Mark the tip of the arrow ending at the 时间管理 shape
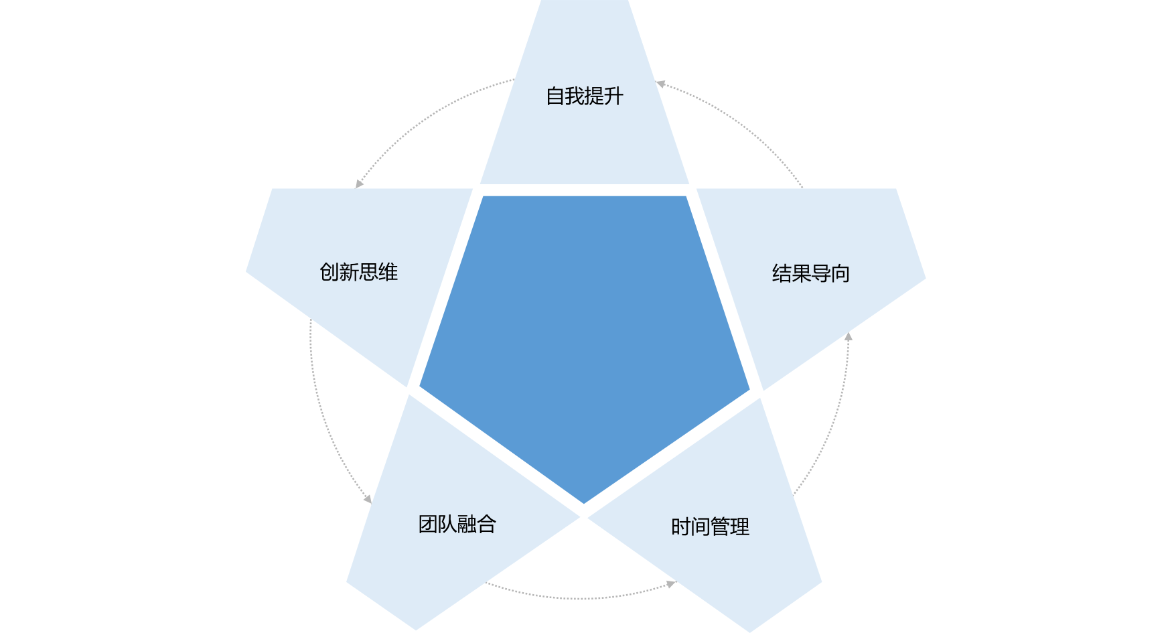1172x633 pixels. coord(675,583)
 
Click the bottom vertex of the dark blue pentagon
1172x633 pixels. coord(584,504)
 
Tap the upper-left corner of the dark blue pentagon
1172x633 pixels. coord(483,196)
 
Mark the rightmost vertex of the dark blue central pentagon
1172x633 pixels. coord(750,389)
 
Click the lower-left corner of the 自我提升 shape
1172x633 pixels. coord(480,184)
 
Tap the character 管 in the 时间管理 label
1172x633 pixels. coord(720,527)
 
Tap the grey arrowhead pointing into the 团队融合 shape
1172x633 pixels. coord(368,499)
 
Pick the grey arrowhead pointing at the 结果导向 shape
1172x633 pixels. coord(848,336)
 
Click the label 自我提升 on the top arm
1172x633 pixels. coord(585,96)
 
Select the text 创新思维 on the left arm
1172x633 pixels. coord(359,272)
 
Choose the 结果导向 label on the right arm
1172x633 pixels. coord(811,273)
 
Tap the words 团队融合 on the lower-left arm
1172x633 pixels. coord(457,524)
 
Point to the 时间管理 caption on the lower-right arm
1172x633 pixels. coord(711,527)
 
